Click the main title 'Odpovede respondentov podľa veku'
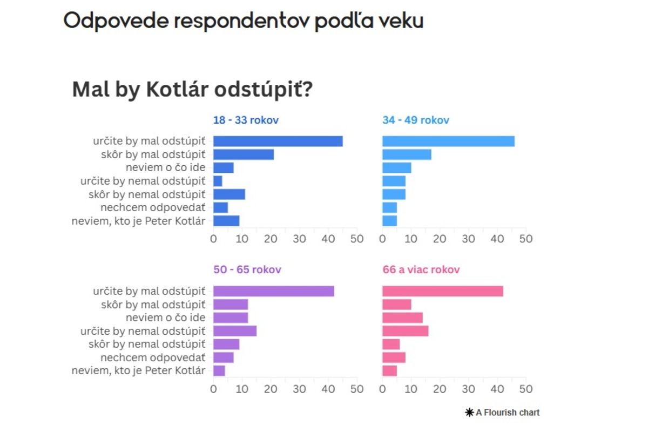(243, 21)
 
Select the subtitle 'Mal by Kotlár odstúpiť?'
(192, 90)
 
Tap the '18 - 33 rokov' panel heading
(246, 120)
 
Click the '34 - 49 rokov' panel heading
(415, 120)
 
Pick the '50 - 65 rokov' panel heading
(247, 269)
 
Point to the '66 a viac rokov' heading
(421, 269)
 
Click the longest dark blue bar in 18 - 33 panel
(278, 141)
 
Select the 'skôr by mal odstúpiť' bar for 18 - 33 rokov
(244, 154)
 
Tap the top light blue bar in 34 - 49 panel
(448, 141)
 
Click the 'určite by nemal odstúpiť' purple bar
(235, 331)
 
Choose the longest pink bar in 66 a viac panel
(443, 291)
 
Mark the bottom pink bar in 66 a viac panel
(389, 371)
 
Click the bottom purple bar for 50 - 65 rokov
(219, 371)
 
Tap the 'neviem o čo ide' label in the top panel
(165, 168)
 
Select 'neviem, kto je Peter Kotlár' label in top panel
(138, 221)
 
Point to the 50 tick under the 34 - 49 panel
(526, 239)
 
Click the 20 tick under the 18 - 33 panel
(271, 239)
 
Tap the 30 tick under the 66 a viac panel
(469, 389)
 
